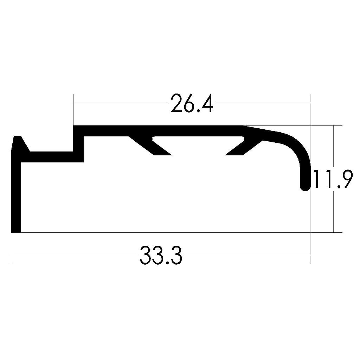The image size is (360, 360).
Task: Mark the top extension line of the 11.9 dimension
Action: click(327, 125)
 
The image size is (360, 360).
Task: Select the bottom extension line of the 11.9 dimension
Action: click(327, 233)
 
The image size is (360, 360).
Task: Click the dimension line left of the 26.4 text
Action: click(120, 103)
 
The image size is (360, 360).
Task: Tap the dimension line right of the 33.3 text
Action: click(246, 255)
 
